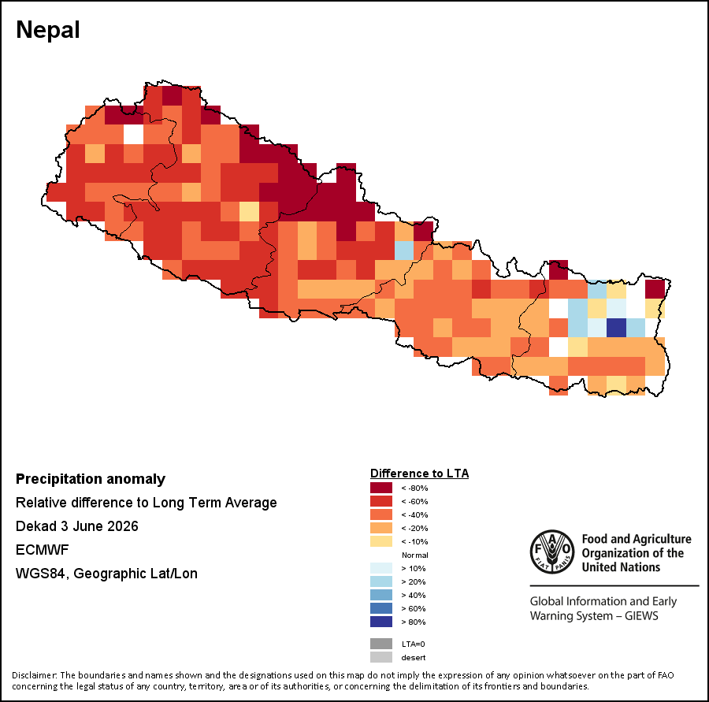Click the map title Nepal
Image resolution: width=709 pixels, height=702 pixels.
point(48,30)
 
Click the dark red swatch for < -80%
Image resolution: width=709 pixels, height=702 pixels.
point(381,488)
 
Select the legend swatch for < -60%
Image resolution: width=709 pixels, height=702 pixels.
point(381,501)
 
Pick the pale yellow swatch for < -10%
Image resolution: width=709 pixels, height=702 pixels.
point(381,541)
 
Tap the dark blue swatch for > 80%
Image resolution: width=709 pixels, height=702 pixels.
point(381,622)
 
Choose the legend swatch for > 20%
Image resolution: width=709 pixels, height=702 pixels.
point(381,581)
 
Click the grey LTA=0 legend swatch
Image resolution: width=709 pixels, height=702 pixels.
point(381,644)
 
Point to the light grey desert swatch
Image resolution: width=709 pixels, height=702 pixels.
point(381,657)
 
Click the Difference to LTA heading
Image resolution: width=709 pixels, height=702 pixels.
point(420,474)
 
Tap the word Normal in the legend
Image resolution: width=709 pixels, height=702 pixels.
point(414,555)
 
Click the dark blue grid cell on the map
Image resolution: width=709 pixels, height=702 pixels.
point(616,328)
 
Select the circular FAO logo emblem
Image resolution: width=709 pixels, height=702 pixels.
point(552,552)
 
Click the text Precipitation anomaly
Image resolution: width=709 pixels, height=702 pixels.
point(91,479)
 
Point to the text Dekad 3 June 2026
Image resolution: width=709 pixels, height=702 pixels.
point(77,526)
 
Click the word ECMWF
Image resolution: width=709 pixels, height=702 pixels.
point(42,550)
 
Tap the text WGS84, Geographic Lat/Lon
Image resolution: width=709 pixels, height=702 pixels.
point(106,574)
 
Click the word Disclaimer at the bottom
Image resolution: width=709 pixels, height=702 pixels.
point(35,675)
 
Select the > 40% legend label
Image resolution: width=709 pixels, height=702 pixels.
point(414,596)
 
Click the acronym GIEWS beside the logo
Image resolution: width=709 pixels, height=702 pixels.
point(641,616)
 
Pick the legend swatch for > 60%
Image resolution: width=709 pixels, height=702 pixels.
point(381,608)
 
